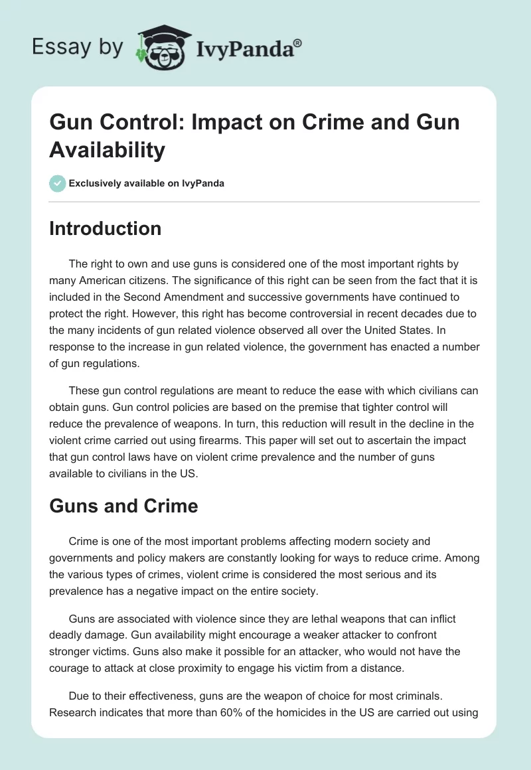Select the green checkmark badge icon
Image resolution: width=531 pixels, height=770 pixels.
click(57, 183)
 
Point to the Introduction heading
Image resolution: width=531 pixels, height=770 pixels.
click(105, 228)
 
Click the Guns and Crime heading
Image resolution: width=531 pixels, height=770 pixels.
click(123, 506)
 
